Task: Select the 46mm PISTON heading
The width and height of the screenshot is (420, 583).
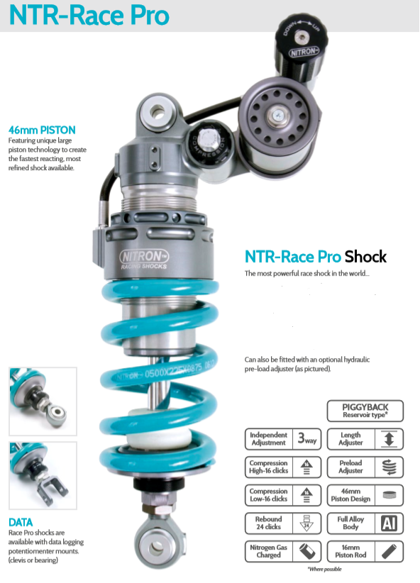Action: point(42,131)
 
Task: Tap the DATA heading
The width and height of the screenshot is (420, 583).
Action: point(21,523)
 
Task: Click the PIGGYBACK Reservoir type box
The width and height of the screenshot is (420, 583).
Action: point(365,411)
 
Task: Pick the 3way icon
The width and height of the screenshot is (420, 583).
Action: point(306,438)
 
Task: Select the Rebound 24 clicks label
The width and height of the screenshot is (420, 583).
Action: point(268,523)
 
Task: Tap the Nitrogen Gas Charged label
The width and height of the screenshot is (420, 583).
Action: point(268,551)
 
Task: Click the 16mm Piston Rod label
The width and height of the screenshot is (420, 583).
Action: point(350,551)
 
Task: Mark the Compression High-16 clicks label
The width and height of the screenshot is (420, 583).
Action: point(268,467)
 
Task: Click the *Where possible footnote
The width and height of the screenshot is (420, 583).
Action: point(324,570)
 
